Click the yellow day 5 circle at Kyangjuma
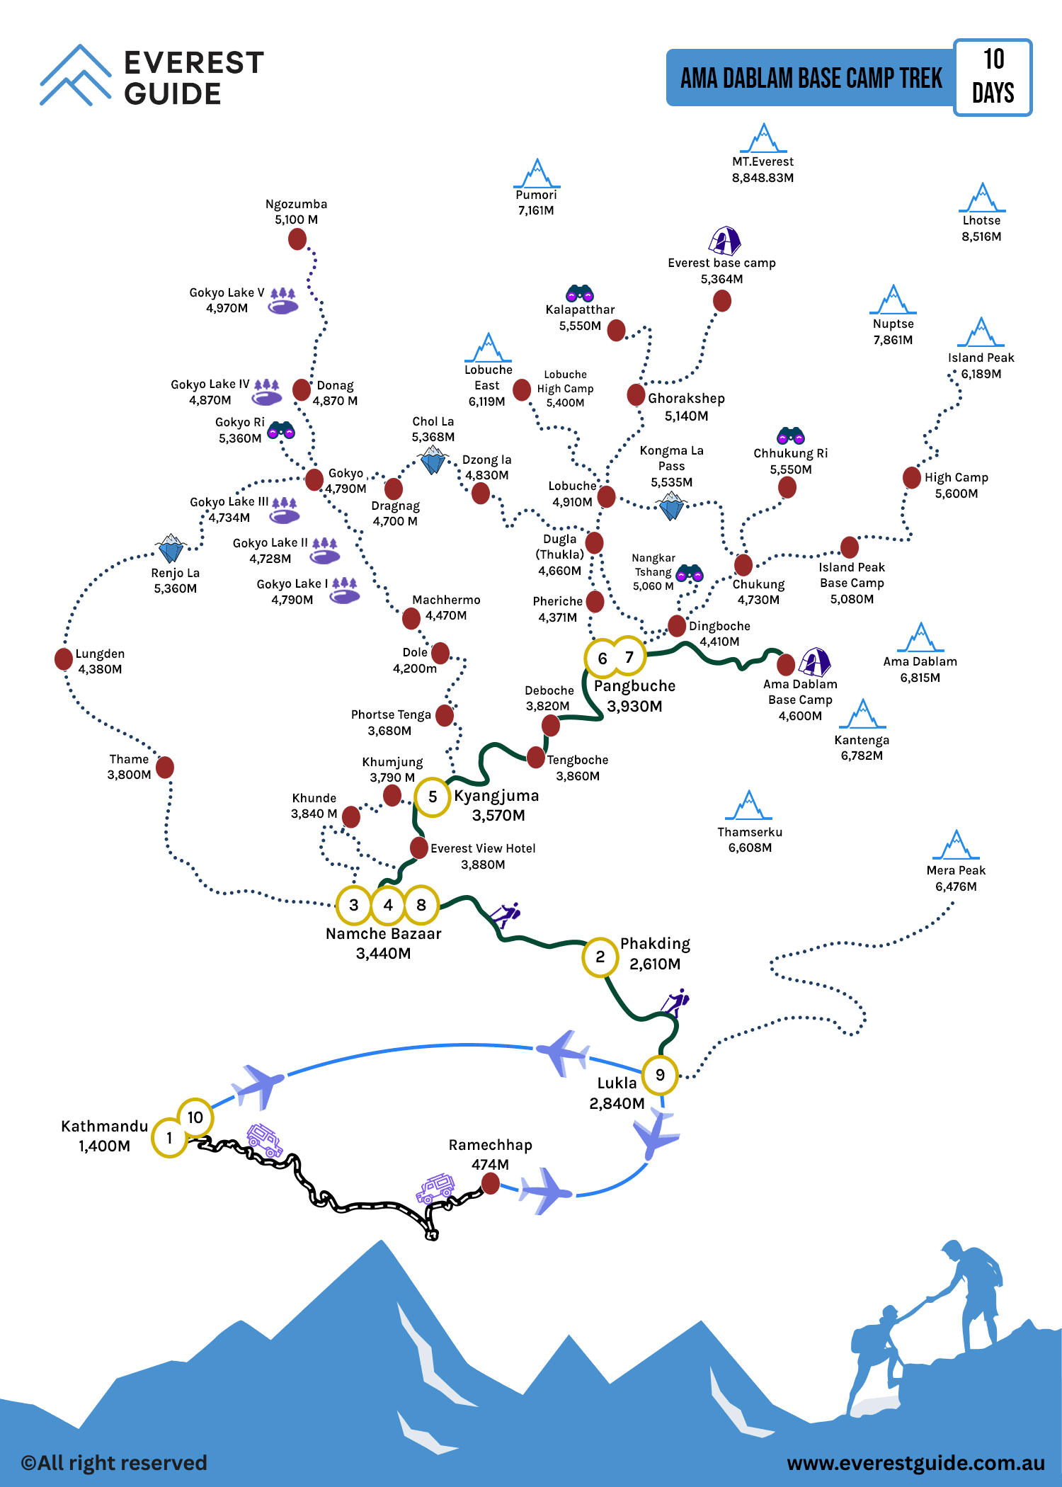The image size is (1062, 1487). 433,797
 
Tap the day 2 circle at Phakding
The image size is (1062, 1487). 600,957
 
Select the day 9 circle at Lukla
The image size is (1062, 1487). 660,1075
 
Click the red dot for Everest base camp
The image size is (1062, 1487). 722,301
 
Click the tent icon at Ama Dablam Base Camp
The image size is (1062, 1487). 815,661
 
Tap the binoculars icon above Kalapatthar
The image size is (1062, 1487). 580,292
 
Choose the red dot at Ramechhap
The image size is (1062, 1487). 490,1183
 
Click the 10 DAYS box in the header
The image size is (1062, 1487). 993,77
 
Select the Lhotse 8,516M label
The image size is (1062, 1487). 981,229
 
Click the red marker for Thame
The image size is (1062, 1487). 165,767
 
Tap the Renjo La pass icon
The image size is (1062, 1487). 171,548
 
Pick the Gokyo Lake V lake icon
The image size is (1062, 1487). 283,301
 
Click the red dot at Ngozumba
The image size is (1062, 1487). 297,239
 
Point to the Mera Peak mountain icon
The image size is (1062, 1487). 957,844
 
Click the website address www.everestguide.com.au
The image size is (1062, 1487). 916,1463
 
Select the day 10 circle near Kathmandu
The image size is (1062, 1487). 195,1117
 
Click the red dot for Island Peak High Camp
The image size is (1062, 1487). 912,478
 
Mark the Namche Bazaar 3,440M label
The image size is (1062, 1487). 384,943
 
